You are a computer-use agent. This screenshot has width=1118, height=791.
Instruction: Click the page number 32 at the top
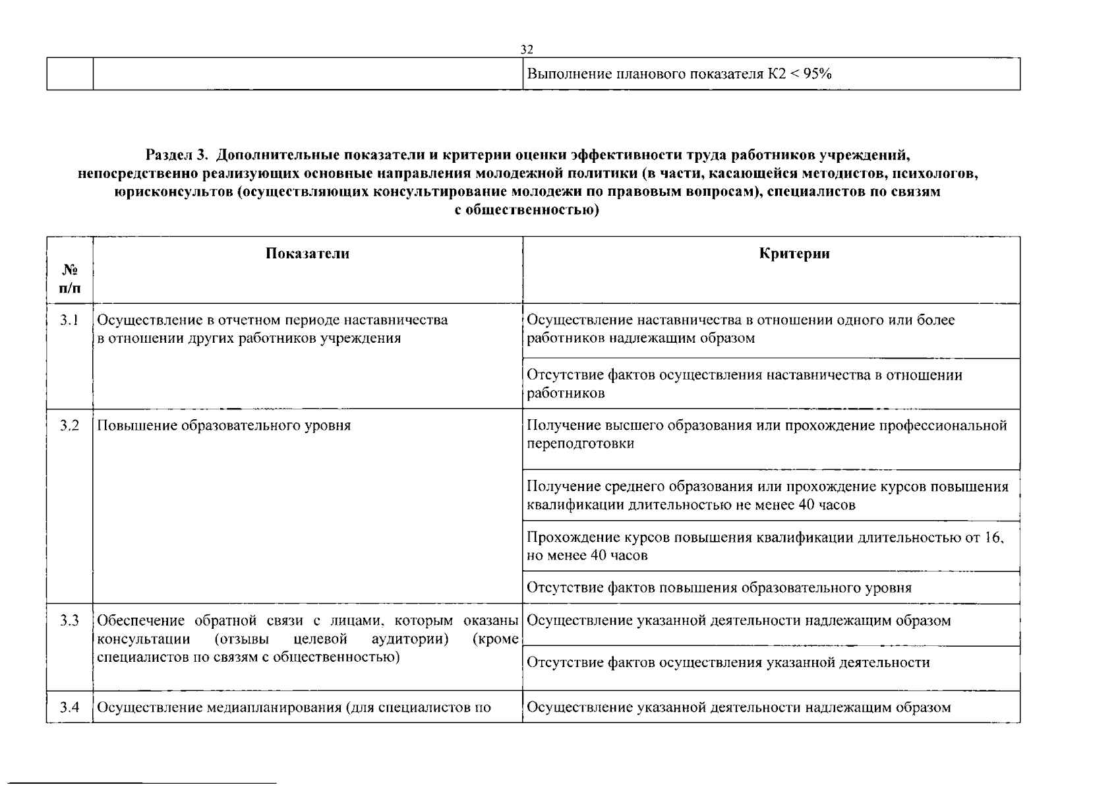(x=527, y=49)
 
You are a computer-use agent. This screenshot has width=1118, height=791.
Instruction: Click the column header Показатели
(x=307, y=254)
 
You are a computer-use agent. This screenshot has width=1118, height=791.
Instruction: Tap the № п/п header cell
(x=70, y=279)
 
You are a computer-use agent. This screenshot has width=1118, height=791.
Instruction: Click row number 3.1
(x=69, y=320)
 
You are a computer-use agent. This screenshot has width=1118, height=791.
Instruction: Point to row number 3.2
(x=69, y=426)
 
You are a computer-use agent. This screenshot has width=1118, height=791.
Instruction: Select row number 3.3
(x=69, y=621)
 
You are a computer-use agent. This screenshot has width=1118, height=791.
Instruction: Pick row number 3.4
(x=69, y=708)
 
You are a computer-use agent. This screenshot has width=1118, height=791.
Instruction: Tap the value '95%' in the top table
(x=817, y=74)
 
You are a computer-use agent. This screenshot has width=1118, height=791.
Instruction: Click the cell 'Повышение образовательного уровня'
(x=224, y=426)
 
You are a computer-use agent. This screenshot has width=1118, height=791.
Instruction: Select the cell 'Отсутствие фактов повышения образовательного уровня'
(x=719, y=588)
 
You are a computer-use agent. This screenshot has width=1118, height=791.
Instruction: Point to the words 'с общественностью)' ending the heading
(x=527, y=211)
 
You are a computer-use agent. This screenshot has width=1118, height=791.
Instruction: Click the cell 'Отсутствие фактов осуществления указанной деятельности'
(x=728, y=662)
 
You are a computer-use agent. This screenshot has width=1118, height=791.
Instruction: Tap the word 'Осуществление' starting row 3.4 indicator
(x=150, y=708)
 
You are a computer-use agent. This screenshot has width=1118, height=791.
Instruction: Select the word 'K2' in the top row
(x=777, y=74)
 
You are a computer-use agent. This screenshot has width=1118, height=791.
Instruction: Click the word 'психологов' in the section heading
(x=939, y=174)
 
